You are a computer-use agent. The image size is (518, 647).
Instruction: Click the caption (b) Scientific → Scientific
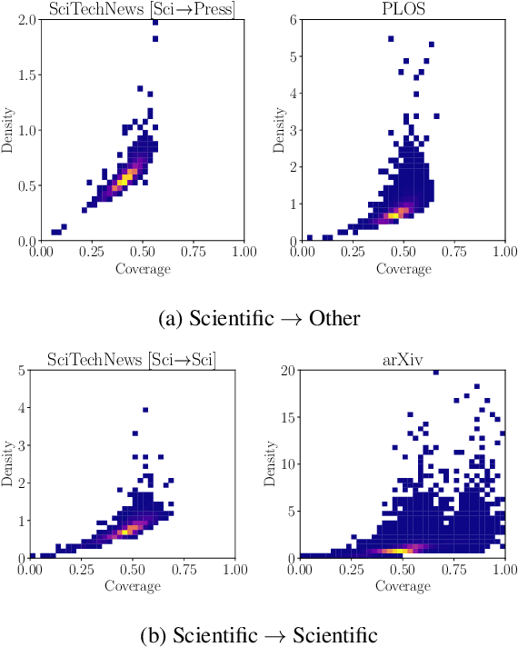point(258,633)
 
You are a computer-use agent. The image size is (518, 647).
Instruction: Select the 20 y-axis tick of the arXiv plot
point(285,370)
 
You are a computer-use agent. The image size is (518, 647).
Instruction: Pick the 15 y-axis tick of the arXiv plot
point(285,417)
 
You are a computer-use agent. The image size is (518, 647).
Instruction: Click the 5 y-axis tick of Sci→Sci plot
point(21,370)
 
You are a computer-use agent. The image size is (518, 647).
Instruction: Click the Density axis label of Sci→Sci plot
point(8,463)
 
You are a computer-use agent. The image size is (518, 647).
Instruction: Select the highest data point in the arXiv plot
point(436,372)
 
